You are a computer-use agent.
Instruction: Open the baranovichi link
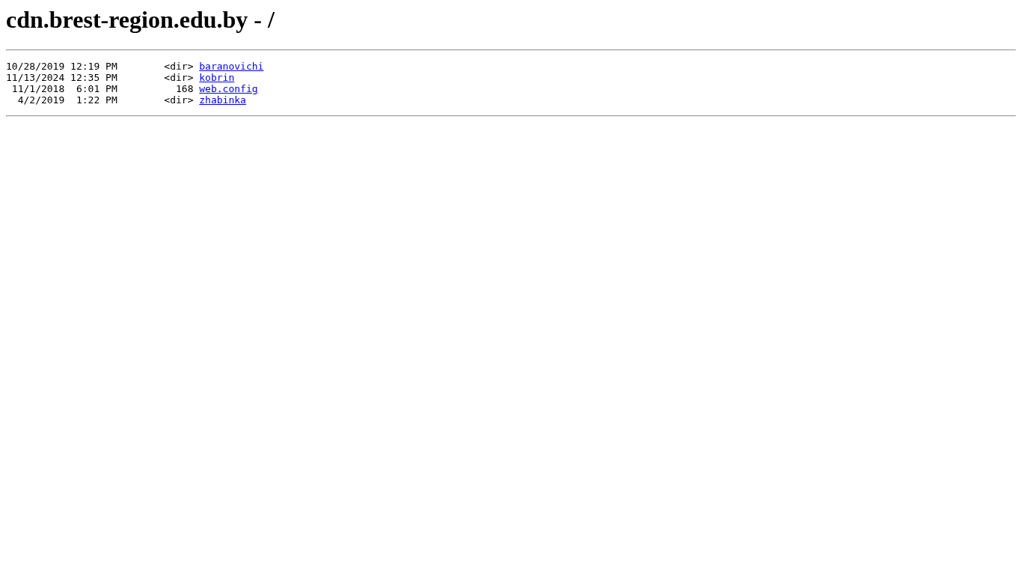[231, 67]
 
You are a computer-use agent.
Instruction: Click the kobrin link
[217, 78]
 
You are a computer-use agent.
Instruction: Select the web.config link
[228, 89]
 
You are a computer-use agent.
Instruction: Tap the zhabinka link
[222, 100]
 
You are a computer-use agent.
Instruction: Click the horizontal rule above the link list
[511, 50]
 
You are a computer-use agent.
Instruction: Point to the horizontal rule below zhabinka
[511, 116]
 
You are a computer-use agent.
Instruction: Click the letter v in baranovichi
[237, 67]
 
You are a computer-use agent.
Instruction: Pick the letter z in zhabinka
[202, 100]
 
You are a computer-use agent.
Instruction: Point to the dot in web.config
[220, 90]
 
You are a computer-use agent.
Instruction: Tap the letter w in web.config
[202, 89]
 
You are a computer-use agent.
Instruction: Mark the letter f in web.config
[243, 89]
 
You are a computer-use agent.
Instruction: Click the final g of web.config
[254, 90]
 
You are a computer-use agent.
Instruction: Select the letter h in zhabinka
[208, 100]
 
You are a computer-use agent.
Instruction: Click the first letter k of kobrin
[202, 78]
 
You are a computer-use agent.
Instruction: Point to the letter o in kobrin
[208, 78]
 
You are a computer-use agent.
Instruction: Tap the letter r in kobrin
[220, 78]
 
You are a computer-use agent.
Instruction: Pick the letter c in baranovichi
[249, 67]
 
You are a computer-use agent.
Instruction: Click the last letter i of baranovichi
[260, 67]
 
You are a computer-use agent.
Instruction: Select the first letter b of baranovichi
[202, 67]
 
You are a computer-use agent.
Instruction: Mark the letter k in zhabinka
[237, 100]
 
